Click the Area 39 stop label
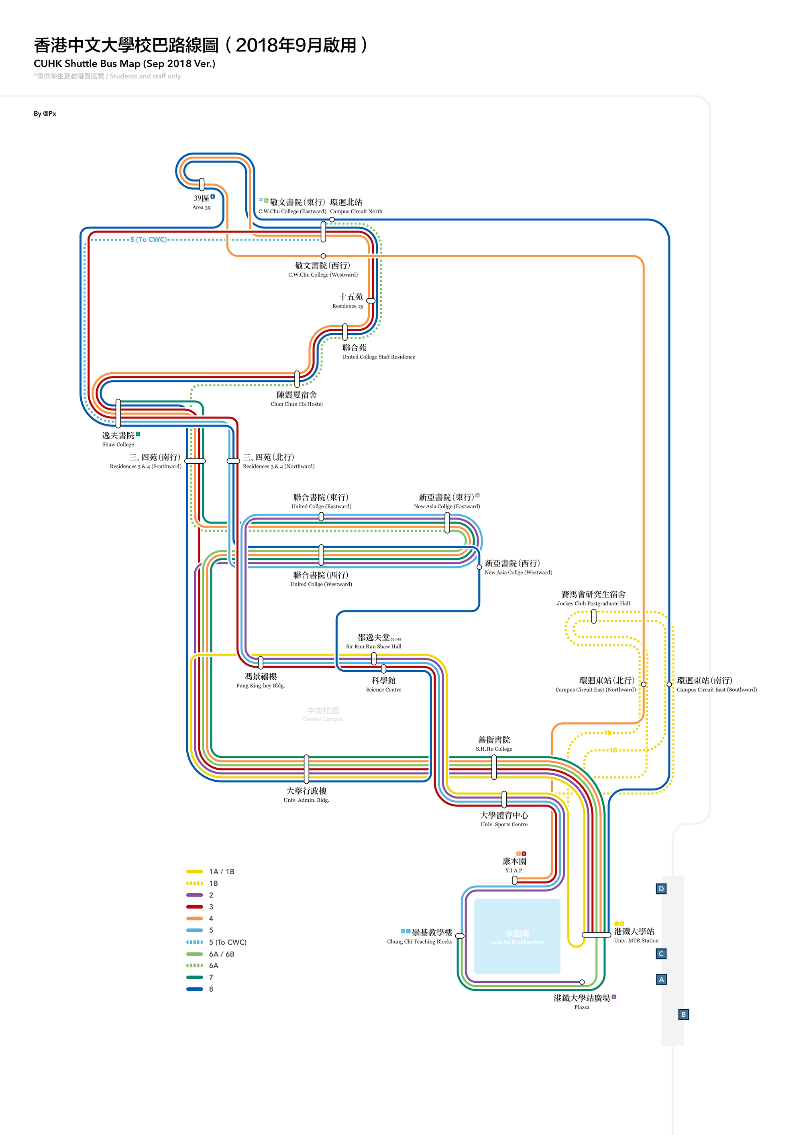pos(202,202)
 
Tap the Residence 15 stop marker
pos(370,301)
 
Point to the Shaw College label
pos(118,439)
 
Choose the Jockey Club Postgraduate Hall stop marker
pos(593,616)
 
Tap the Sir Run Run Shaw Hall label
pos(374,641)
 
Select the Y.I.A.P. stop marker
pos(514,880)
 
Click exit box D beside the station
pos(661,889)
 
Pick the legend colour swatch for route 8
pos(194,989)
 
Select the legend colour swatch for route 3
pos(194,907)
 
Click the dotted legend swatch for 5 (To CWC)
pos(194,942)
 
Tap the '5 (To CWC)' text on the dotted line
pos(148,240)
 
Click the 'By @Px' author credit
pos(45,114)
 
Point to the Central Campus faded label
pos(323,714)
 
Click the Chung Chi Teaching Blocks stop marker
pos(459,936)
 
